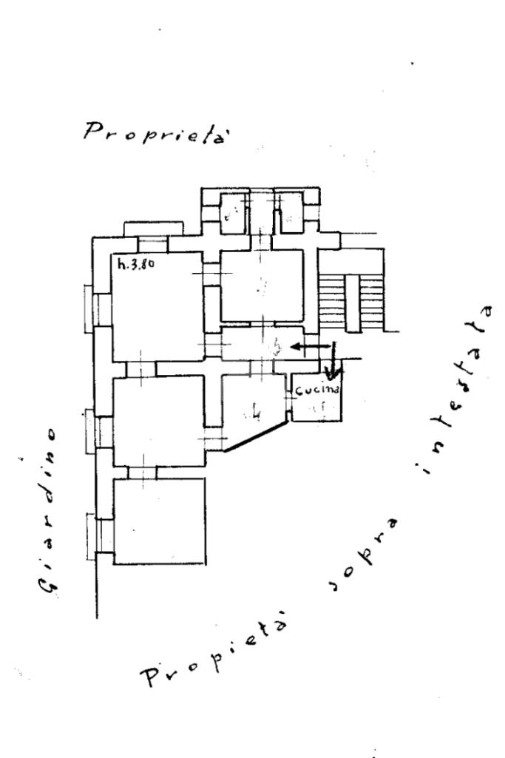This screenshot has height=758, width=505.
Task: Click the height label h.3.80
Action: [x=135, y=261]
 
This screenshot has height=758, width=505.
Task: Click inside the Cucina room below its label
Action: [x=316, y=407]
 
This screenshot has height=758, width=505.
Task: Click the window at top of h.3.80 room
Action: [x=153, y=245]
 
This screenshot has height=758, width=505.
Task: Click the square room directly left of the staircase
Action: [x=262, y=285]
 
